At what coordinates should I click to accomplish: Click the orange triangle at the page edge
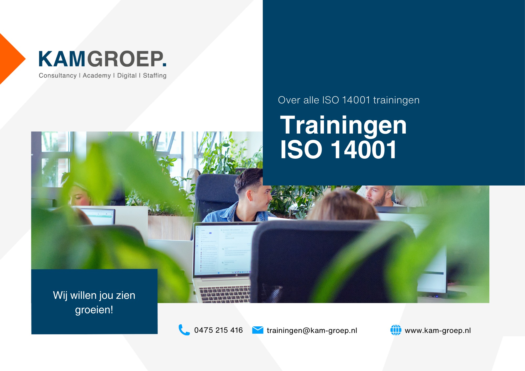[10, 59]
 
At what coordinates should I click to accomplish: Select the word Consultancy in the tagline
[57, 76]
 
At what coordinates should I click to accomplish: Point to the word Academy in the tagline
[97, 76]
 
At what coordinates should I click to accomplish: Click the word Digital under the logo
[127, 76]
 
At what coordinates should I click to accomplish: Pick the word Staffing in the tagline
[155, 76]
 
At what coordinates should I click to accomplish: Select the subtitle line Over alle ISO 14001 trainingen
[349, 100]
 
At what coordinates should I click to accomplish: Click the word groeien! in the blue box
[94, 310]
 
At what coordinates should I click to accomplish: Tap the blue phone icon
[184, 330]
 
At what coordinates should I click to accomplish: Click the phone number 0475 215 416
[218, 330]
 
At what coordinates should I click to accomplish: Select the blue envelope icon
[258, 330]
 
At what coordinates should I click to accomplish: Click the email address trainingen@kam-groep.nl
[312, 330]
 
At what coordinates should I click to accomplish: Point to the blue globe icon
[396, 330]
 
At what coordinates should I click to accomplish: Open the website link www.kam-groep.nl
[438, 330]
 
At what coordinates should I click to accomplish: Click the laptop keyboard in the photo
[224, 294]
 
